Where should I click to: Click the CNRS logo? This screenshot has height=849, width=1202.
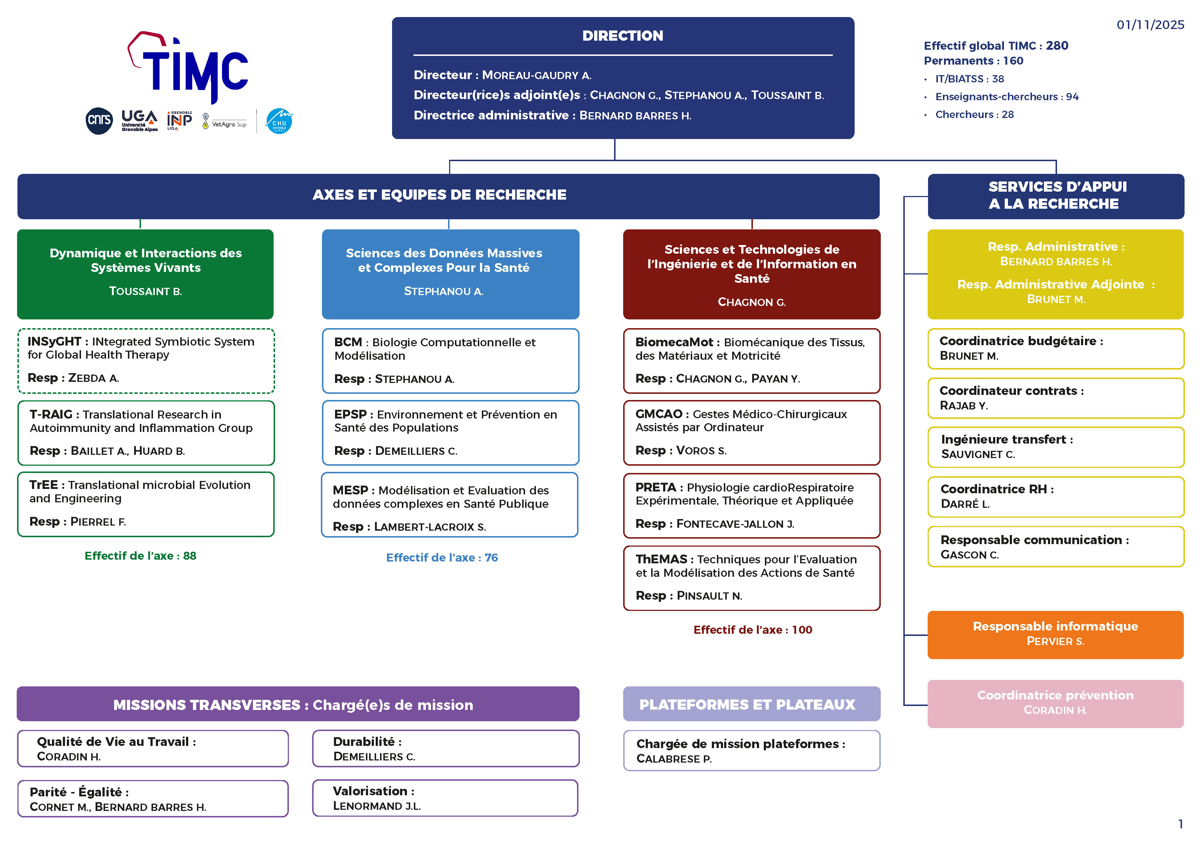click(x=99, y=121)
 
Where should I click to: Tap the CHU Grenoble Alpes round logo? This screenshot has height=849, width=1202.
click(x=279, y=121)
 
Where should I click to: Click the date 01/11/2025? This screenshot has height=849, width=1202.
click(x=1150, y=25)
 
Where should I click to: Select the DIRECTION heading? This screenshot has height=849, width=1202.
click(x=622, y=36)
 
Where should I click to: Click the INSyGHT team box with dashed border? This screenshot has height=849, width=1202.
click(x=146, y=360)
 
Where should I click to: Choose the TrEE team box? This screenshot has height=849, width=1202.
click(x=146, y=504)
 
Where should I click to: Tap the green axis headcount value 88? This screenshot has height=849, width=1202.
click(x=190, y=556)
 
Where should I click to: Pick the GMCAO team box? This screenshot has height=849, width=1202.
click(x=751, y=433)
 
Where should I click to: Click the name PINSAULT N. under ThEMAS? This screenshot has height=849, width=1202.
click(x=709, y=596)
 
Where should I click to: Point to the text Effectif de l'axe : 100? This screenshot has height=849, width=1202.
click(x=752, y=630)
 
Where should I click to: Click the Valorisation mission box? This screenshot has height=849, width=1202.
click(x=445, y=798)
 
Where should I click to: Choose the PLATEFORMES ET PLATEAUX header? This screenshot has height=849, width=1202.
click(x=751, y=704)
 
